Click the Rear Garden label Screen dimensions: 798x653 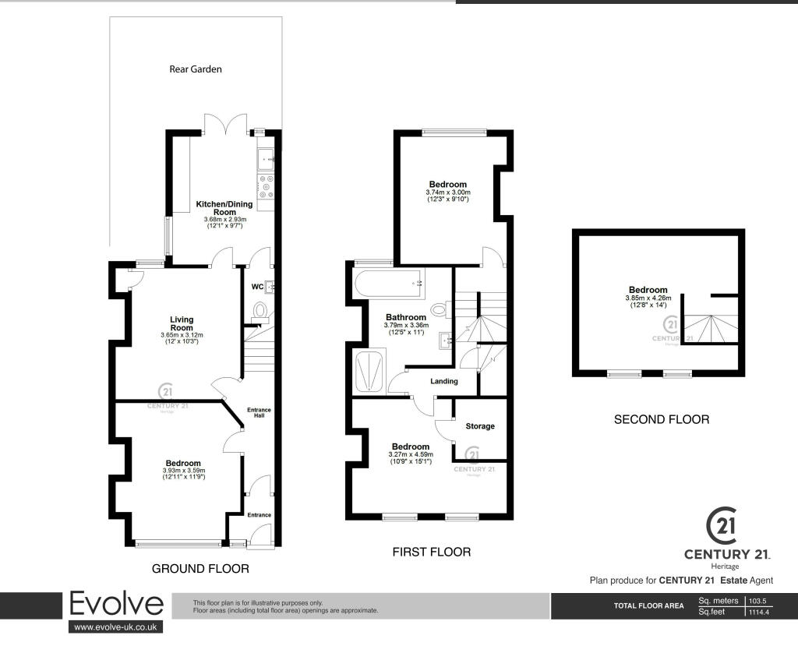tap(196, 69)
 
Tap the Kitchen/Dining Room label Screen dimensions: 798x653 tap(224, 208)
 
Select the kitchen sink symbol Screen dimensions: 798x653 tap(266, 159)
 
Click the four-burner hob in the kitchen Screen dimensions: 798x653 tap(266, 186)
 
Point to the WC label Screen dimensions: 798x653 tap(257, 287)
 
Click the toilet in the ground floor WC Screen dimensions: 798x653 tap(260, 310)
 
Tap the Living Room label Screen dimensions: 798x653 tap(182, 323)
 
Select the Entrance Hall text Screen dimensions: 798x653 tap(259, 413)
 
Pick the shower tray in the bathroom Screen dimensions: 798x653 tap(369, 371)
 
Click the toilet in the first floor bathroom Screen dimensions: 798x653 tap(440, 309)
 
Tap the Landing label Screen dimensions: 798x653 tap(443, 381)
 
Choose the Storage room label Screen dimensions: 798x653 tap(480, 426)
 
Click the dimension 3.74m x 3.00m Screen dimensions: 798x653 tap(448, 192)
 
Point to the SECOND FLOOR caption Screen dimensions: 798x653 tap(662, 419)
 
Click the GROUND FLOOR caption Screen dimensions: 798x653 tap(200, 569)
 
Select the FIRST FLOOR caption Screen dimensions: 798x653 tap(432, 552)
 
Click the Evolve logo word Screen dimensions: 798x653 tap(116, 604)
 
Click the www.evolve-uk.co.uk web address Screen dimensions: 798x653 tap(115, 627)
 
